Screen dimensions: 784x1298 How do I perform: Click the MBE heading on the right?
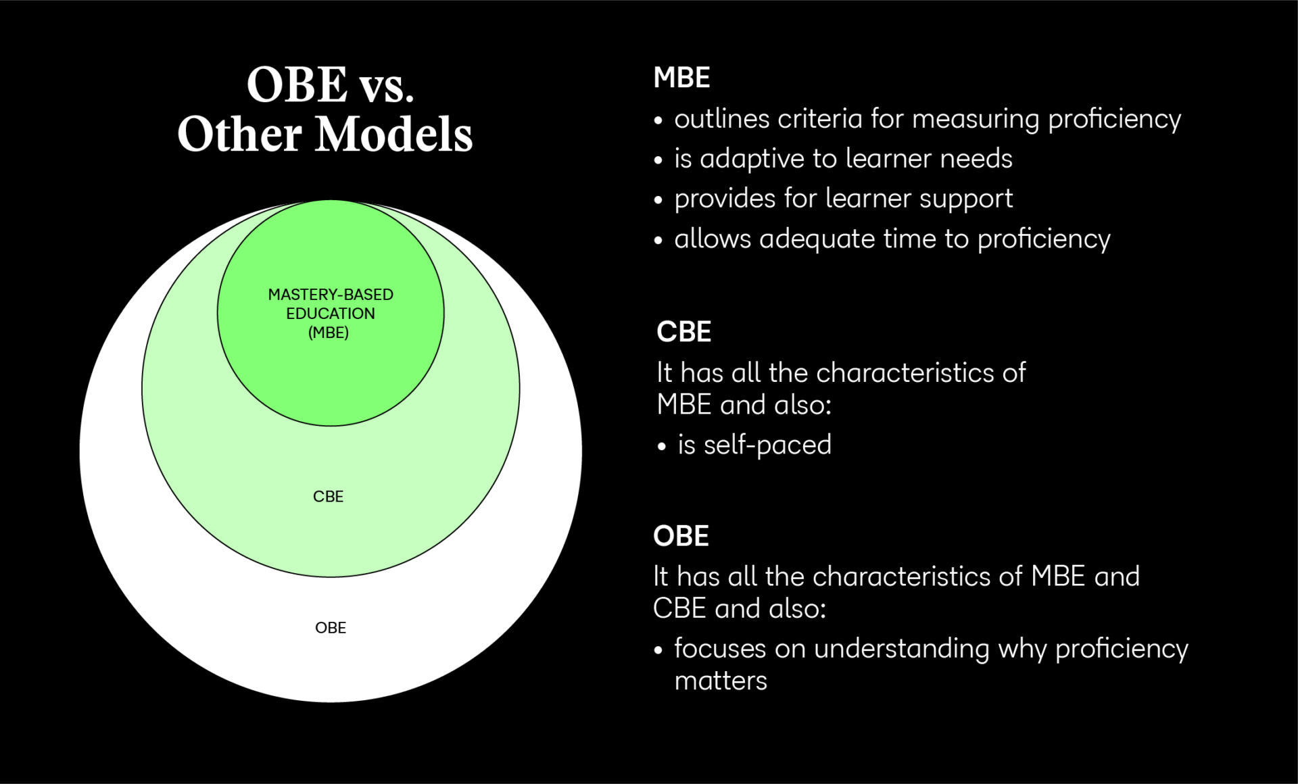pyautogui.click(x=681, y=78)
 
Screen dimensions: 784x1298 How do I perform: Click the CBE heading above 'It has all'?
pyautogui.click(x=683, y=332)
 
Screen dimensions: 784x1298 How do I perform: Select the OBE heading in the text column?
pyautogui.click(x=681, y=536)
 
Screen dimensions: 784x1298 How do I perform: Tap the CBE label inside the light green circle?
pyautogui.click(x=328, y=497)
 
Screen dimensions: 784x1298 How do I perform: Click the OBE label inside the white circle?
pyautogui.click(x=331, y=628)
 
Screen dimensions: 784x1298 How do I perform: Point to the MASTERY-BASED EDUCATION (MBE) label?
pyautogui.click(x=330, y=314)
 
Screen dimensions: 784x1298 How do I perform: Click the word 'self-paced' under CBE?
pyautogui.click(x=767, y=445)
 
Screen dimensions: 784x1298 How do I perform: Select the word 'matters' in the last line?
pyautogui.click(x=721, y=681)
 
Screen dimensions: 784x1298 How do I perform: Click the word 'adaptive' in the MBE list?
pyautogui.click(x=752, y=160)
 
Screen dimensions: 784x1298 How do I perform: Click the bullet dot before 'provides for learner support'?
pyautogui.click(x=658, y=200)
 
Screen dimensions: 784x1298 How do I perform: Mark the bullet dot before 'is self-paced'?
pyautogui.click(x=662, y=447)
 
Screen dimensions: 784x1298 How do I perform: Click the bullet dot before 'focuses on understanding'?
pyautogui.click(x=658, y=650)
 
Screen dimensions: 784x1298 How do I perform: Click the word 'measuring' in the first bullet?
pyautogui.click(x=976, y=120)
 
